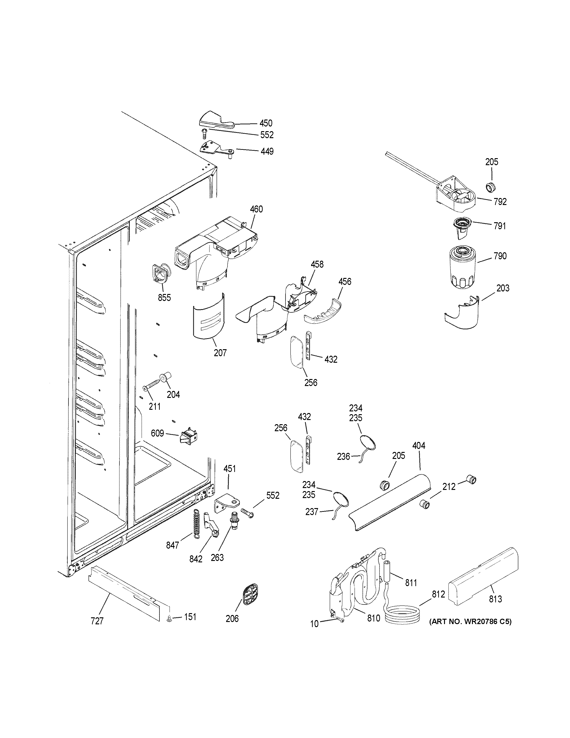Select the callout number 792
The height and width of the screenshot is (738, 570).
pyautogui.click(x=500, y=202)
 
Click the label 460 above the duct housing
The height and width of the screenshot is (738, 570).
pyautogui.click(x=256, y=209)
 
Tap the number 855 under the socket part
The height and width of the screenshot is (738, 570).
pyautogui.click(x=164, y=298)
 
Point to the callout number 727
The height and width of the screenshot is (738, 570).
pyautogui.click(x=97, y=621)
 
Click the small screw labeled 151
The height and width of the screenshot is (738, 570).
pyautogui.click(x=170, y=619)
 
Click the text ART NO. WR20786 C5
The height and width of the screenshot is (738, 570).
pyautogui.click(x=470, y=622)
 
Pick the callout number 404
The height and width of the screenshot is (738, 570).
pyautogui.click(x=419, y=446)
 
